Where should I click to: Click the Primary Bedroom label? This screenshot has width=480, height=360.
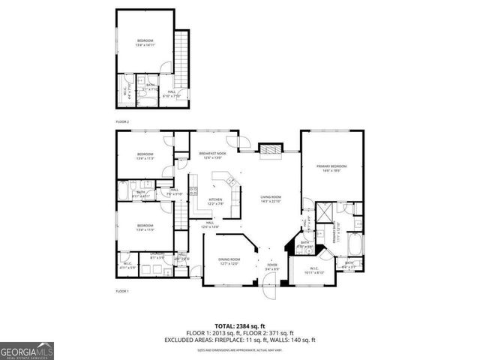332,167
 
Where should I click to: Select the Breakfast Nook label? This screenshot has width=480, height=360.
213,155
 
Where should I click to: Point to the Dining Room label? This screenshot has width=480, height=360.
229,261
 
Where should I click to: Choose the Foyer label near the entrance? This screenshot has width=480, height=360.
272,266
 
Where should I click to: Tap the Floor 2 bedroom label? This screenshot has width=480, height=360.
145,42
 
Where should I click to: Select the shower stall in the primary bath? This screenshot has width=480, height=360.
325,214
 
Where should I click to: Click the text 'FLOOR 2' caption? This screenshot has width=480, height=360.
122,121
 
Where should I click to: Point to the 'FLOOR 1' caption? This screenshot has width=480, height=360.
122,290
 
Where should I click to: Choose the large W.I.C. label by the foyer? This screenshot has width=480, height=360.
315,271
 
